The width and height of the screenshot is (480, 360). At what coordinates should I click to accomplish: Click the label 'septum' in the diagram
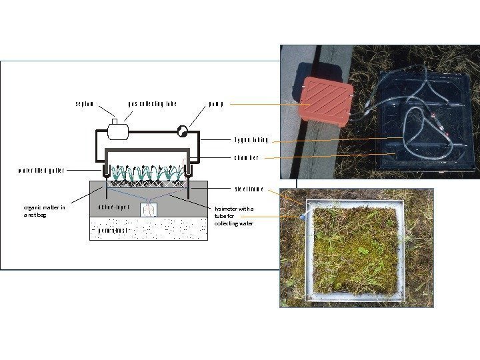(x=84, y=104)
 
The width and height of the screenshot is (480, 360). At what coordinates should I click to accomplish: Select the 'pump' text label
(x=213, y=104)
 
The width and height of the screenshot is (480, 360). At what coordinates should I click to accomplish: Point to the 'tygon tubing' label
(x=251, y=140)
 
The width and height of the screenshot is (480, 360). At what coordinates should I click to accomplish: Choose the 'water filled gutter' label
(x=41, y=171)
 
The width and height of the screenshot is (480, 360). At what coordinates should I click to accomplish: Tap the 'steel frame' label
(x=249, y=189)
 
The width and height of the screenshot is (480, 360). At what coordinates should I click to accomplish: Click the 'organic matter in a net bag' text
(x=43, y=211)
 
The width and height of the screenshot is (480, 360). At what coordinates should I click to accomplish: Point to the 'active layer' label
(x=113, y=207)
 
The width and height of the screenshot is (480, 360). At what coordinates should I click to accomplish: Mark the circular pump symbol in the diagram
(x=182, y=131)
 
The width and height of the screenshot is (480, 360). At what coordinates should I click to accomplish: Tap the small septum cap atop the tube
(x=115, y=121)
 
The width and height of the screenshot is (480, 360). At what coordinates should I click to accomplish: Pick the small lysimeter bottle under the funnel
(x=147, y=211)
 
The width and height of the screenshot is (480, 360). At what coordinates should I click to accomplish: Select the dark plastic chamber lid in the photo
(x=427, y=120)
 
